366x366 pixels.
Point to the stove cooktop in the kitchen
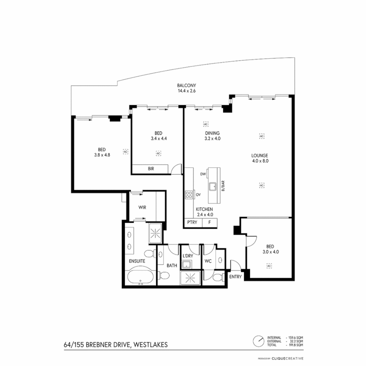[x=188, y=195]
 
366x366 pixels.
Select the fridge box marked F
[x=210, y=223]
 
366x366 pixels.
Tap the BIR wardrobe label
[x=151, y=168]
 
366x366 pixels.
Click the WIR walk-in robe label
[x=142, y=207]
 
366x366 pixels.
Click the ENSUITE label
[x=137, y=261]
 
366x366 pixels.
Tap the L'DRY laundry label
[x=187, y=256]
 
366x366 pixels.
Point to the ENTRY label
[x=236, y=277]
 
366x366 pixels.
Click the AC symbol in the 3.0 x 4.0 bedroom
[x=269, y=266]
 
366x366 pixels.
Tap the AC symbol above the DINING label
[x=206, y=124]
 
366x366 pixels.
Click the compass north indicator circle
[x=258, y=341]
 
